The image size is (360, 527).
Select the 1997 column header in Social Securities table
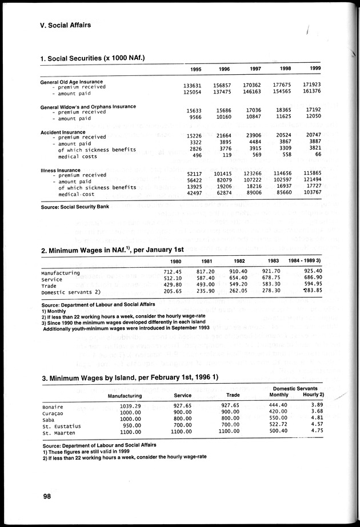[x=255, y=69]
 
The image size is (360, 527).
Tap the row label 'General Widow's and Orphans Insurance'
[x=88, y=107]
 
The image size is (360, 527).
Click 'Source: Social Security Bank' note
[x=75, y=206]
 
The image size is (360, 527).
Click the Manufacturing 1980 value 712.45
[x=173, y=272]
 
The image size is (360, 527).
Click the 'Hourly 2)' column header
[x=314, y=395]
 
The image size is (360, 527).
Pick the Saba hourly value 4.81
[x=316, y=419]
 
